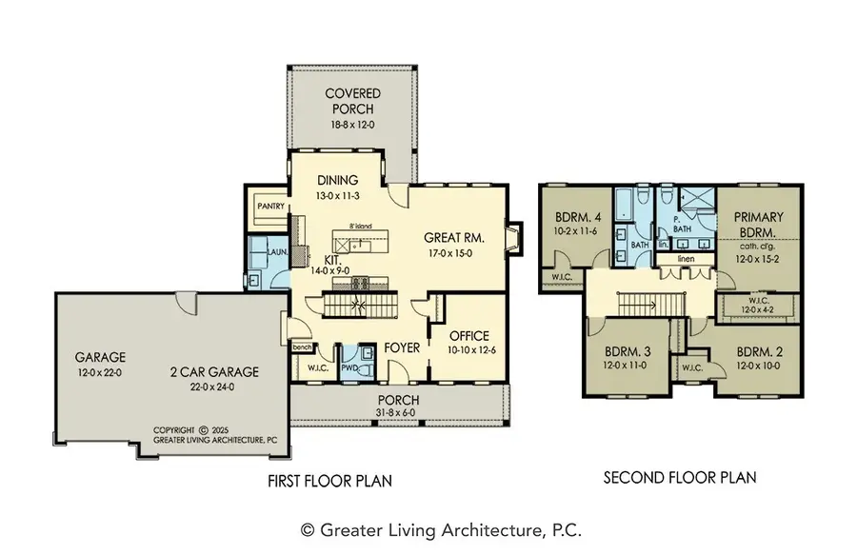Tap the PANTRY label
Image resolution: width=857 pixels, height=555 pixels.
click(261, 202)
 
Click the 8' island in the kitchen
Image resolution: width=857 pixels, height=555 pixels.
click(363, 241)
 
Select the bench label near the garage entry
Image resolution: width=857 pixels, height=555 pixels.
click(303, 347)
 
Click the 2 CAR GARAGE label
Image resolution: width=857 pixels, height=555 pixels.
click(213, 372)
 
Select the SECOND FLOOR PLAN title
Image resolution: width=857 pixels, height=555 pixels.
click(680, 477)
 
